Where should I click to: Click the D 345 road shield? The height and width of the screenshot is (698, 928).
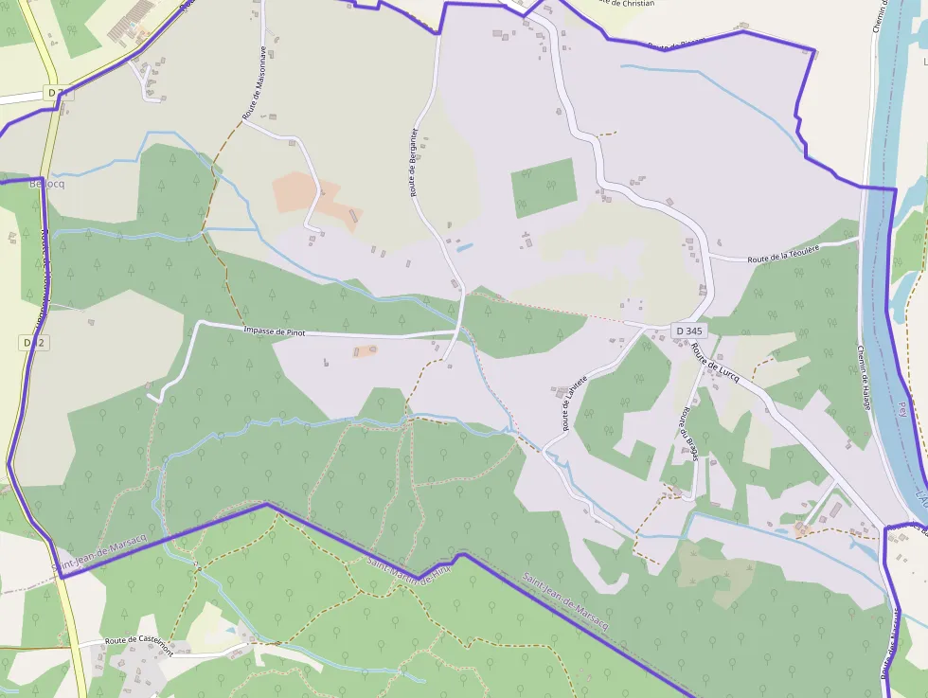(688, 331)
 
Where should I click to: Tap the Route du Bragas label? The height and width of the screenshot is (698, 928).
(687, 436)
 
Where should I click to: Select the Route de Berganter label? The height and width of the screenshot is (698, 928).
(414, 162)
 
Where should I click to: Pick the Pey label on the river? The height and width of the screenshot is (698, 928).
(901, 409)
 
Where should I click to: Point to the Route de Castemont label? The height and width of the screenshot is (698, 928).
(139, 643)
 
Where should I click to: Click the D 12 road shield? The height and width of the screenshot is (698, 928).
(32, 342)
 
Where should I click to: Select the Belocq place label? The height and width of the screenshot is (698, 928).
(46, 183)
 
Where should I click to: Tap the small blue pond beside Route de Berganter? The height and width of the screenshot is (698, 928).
(464, 248)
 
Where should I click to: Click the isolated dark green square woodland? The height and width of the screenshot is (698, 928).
(544, 188)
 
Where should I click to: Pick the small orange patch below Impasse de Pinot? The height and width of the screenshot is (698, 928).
(365, 351)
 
